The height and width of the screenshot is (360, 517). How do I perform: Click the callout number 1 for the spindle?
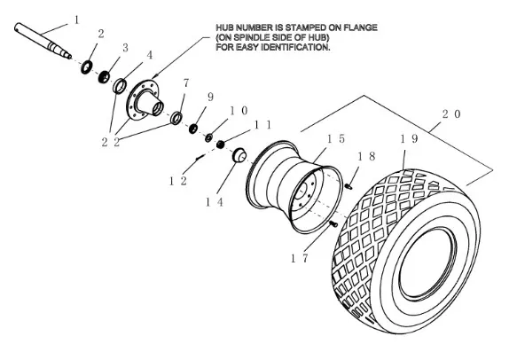point(77,20)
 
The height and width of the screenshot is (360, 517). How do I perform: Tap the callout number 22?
point(111,142)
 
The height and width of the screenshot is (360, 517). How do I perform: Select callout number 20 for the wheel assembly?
point(451,114)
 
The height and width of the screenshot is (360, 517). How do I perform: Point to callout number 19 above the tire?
point(409,139)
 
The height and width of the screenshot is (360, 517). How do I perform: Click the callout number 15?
point(336,139)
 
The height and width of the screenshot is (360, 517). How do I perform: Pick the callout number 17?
point(300,258)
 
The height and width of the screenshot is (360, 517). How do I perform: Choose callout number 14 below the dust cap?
point(215,202)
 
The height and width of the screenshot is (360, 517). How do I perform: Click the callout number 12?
point(178,181)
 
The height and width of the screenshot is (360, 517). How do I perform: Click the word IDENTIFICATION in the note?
point(295,47)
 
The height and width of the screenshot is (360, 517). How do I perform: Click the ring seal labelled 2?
point(86,67)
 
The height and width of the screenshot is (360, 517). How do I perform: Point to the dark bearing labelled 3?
point(104,77)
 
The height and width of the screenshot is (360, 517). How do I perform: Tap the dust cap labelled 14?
point(239,155)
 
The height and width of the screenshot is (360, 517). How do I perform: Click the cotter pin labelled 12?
point(200,157)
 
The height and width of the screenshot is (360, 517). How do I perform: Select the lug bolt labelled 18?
point(349,187)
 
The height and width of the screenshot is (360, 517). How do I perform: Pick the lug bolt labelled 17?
point(333,224)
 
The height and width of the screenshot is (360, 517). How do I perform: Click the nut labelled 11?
point(220,144)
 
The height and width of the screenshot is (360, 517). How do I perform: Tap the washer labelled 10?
point(208,137)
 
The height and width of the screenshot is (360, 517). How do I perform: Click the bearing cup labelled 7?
point(176,118)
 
